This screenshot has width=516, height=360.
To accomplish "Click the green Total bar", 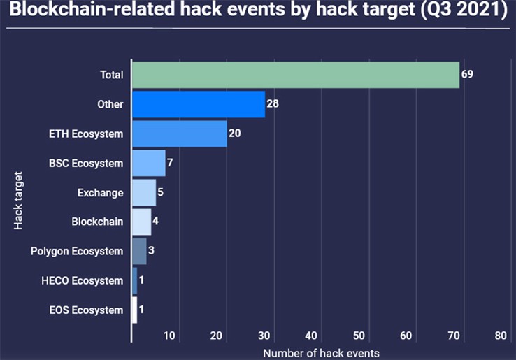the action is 296,75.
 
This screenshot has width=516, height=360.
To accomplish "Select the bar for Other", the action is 199,104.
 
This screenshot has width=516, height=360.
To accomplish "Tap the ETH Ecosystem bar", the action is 180,134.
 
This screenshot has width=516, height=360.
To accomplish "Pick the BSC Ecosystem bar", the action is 149,163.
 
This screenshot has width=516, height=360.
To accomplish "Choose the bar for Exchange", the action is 144,192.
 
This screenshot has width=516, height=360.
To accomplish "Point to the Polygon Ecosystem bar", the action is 140,251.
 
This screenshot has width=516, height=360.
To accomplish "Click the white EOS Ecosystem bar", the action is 135,310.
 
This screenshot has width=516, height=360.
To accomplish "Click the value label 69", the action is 467,74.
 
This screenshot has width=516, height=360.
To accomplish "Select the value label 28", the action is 273,103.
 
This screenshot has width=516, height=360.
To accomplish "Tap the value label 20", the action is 235,134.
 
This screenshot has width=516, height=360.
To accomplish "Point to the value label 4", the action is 156,221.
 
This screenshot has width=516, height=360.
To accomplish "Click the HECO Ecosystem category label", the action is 83,281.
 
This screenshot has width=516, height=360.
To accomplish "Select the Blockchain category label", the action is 97,222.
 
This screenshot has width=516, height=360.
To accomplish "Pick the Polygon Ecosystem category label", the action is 77,252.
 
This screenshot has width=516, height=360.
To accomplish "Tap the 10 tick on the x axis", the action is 169,336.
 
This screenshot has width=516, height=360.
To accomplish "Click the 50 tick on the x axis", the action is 359,336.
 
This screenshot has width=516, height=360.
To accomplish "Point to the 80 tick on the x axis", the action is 501,336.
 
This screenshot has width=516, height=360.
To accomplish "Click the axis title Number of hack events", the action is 321,354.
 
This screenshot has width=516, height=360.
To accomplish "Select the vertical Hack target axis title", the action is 18,201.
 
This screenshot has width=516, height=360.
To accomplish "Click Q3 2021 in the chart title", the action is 464,10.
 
